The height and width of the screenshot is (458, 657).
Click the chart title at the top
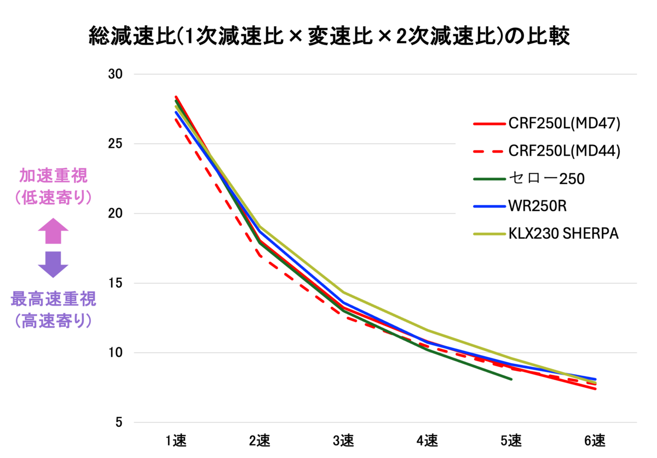coord(329,36)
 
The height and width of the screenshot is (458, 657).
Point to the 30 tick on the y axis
coord(116,74)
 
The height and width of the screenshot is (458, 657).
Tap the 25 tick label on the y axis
coord(116,144)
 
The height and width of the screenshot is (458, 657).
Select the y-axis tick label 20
coord(116,213)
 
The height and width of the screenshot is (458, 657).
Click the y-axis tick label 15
coord(116,283)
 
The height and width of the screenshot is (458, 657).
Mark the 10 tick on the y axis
coord(116,353)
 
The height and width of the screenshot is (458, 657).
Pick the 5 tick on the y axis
coord(119,422)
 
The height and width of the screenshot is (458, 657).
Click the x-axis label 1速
coord(176,441)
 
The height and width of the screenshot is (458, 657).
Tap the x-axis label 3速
coord(343,441)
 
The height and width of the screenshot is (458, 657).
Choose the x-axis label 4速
coord(428,441)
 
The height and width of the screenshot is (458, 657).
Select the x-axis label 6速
coord(595,441)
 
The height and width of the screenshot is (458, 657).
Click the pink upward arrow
coord(53,231)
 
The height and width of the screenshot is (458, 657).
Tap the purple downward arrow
coord(53,265)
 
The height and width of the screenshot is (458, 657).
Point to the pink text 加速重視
coord(54,176)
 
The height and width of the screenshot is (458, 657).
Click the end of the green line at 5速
coord(511,379)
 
